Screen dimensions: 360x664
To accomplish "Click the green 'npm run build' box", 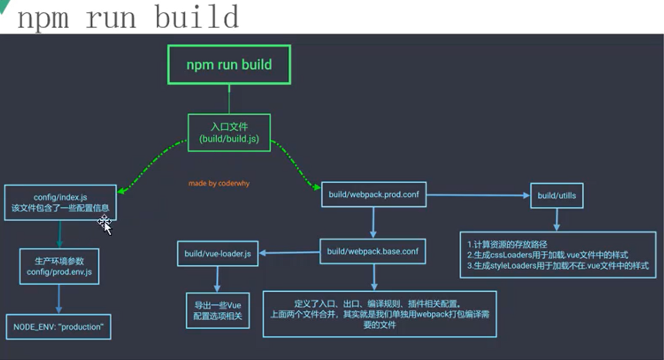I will [x=229, y=65].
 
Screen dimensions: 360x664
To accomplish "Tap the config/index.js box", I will [x=60, y=203].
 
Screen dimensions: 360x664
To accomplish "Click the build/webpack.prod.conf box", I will [x=373, y=196].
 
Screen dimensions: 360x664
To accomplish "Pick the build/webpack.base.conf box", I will [x=373, y=251].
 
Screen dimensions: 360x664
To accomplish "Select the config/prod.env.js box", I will [x=59, y=267].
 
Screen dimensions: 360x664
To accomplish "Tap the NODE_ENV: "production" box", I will [x=59, y=327].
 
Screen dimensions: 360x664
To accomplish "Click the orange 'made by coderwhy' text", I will [x=219, y=184].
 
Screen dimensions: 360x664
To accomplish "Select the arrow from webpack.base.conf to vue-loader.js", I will [x=290, y=252].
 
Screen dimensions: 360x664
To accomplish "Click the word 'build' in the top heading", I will [x=196, y=17].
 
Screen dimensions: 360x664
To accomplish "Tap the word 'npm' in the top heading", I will [x=45, y=17].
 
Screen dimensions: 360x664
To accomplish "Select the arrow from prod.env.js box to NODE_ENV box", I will [x=59, y=299].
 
